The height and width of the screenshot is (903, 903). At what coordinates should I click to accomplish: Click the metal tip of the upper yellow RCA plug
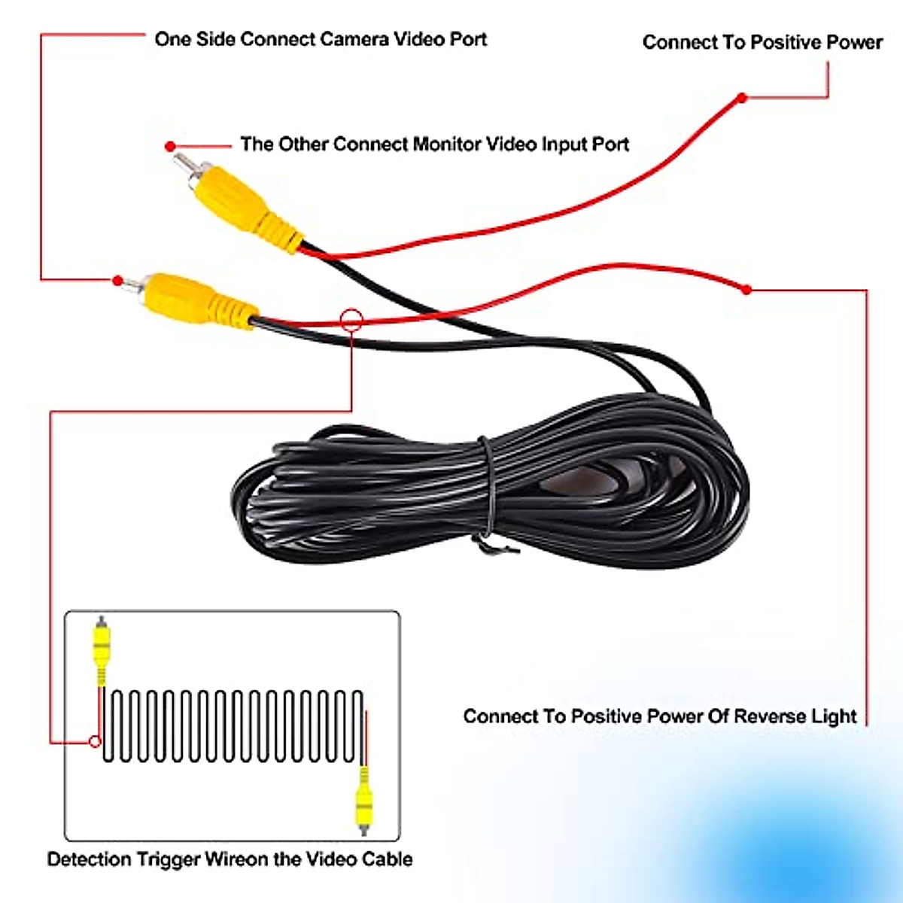pyautogui.click(x=182, y=163)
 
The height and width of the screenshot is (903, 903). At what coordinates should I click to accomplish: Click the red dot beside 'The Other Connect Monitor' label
pyautogui.click(x=171, y=146)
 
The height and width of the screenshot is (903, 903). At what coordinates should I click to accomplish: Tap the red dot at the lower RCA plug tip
pyautogui.click(x=117, y=281)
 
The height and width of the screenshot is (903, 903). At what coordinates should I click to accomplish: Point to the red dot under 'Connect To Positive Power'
pyautogui.click(x=742, y=98)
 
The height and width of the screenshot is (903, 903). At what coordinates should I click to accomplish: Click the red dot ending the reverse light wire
pyautogui.click(x=746, y=289)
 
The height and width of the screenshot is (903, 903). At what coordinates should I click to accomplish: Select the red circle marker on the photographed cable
pyautogui.click(x=351, y=320)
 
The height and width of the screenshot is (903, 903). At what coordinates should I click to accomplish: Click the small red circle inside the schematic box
pyautogui.click(x=95, y=741)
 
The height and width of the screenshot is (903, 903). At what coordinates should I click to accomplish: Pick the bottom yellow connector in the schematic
pyautogui.click(x=364, y=801)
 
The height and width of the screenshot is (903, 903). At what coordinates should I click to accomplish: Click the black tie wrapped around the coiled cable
pyautogui.click(x=488, y=489)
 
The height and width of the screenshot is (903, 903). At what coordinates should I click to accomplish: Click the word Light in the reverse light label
pyautogui.click(x=834, y=716)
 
